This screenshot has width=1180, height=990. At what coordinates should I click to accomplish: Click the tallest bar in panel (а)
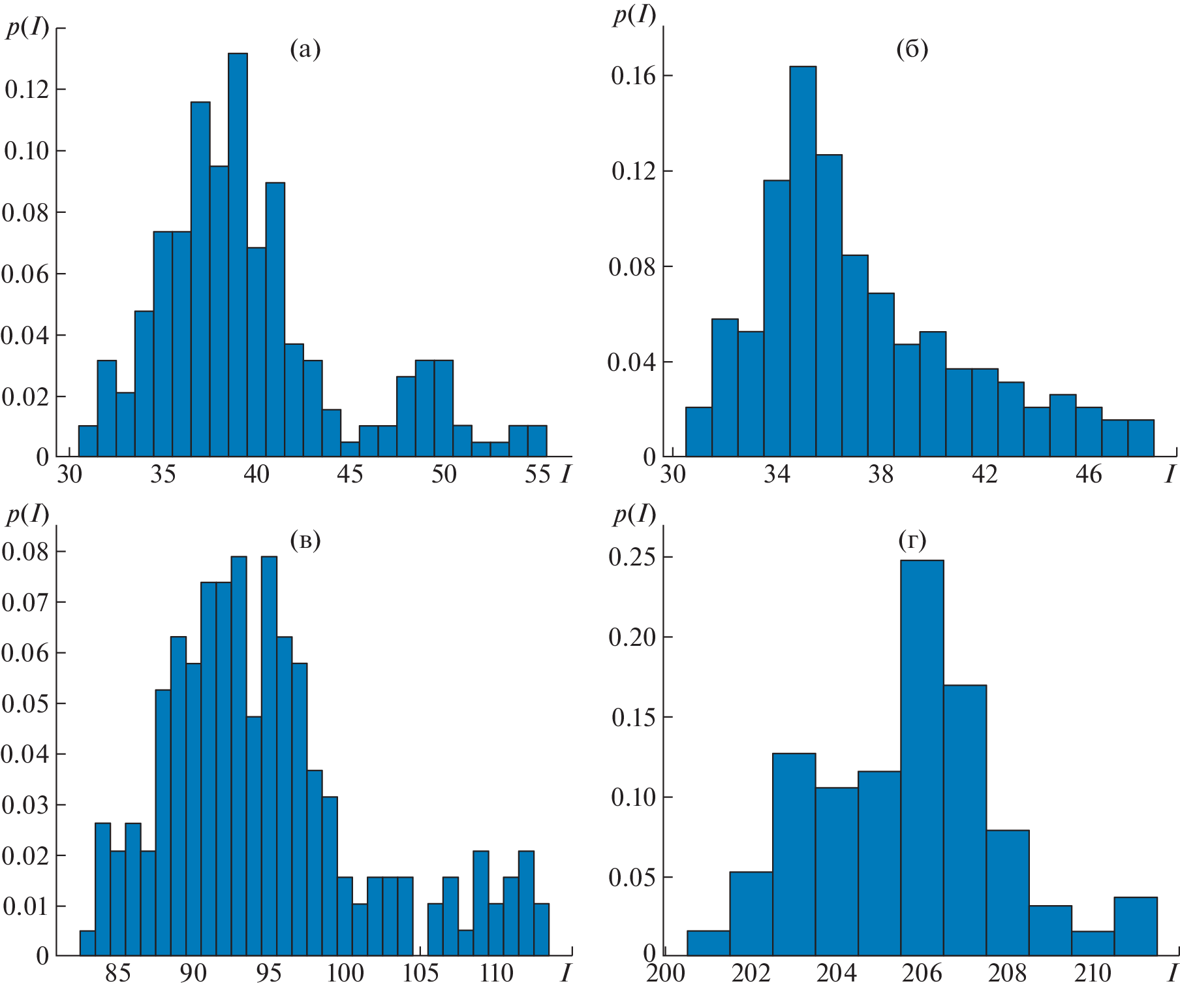[x=238, y=255]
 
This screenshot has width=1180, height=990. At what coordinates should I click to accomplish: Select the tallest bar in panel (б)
[x=803, y=261]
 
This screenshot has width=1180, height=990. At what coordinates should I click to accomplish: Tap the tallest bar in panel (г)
[x=922, y=758]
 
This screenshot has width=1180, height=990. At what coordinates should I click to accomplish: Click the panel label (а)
[x=305, y=50]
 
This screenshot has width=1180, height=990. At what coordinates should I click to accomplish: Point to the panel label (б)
[x=912, y=50]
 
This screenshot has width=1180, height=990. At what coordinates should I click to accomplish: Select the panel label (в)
[x=305, y=540]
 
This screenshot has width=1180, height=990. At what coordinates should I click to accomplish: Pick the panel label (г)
[x=912, y=540]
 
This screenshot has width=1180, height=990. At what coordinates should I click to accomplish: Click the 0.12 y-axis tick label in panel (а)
[x=27, y=89]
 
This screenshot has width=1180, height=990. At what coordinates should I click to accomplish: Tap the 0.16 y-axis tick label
[x=632, y=76]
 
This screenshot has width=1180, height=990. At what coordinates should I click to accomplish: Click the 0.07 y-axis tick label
[x=25, y=602]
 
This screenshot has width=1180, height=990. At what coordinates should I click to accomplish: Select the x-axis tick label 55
[x=537, y=474]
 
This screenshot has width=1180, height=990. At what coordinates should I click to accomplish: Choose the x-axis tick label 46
[x=1088, y=474]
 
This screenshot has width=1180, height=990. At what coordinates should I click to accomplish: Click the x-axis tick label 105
[x=420, y=973]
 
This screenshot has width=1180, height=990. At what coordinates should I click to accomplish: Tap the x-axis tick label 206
[x=922, y=973]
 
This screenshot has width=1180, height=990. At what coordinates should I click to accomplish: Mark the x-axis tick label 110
[x=496, y=973]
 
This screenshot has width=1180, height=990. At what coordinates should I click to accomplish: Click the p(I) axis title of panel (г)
[x=634, y=515]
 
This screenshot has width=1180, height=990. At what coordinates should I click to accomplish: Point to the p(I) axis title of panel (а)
[x=27, y=27]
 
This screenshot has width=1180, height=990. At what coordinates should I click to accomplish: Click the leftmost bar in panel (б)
[x=698, y=432]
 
